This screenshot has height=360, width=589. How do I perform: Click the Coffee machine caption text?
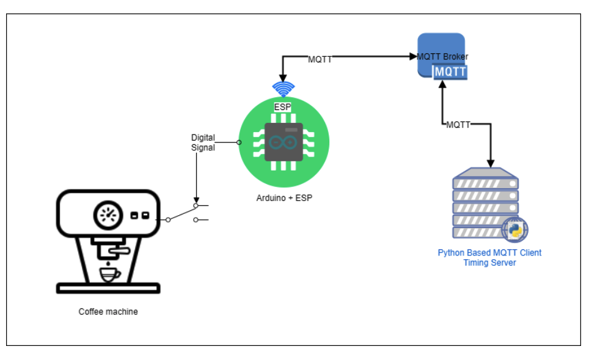pos(108,312)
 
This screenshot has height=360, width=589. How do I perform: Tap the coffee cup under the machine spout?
pos(110,274)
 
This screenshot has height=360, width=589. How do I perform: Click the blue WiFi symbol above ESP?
pos(283,89)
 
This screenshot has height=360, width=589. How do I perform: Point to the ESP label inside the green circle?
pos(282,107)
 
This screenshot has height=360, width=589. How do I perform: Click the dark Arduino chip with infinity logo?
pos(284,142)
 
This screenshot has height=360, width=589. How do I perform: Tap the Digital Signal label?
pos(203,142)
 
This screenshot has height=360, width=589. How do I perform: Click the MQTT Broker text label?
pos(442,57)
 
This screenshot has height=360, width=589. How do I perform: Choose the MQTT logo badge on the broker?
pos(450,72)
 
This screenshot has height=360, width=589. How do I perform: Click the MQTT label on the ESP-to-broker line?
pos(320,60)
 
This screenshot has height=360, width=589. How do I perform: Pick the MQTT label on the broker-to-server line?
pos(458,125)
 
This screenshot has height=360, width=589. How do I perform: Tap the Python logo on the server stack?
pos(514,230)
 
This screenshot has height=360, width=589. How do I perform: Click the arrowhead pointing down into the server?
pos(490,164)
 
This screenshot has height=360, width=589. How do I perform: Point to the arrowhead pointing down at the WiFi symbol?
pos(283,76)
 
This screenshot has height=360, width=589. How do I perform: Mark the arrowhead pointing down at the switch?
pos(196,200)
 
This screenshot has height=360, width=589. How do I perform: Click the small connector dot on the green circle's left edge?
pos(239,142)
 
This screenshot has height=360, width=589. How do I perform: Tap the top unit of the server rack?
pos(486,183)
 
